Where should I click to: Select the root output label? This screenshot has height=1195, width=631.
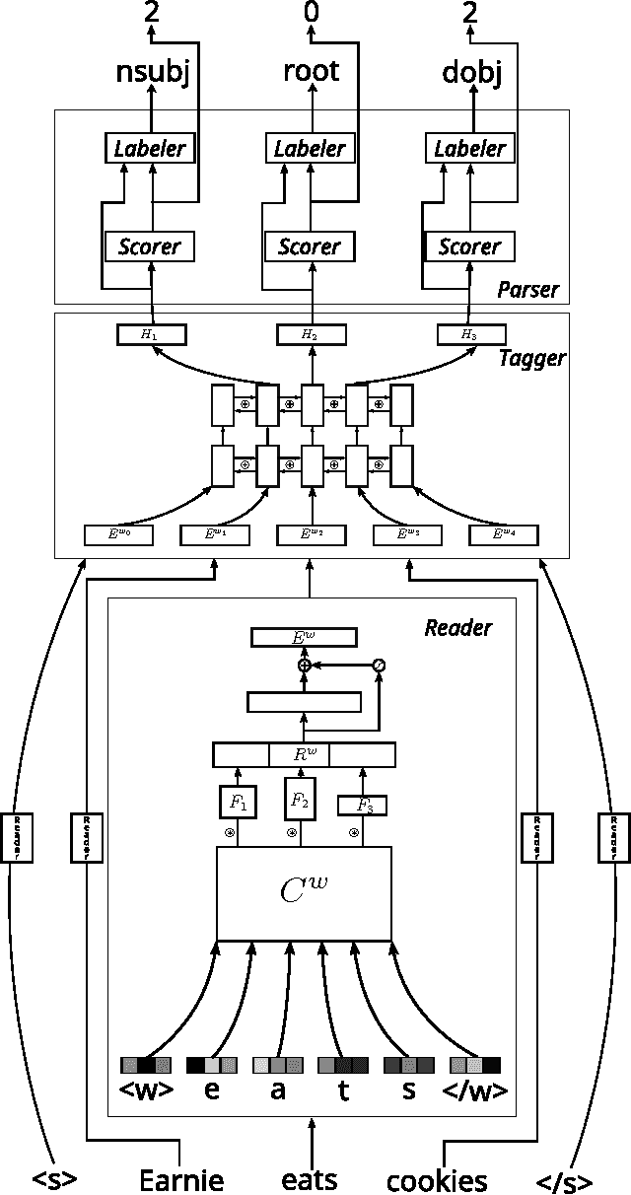pos(311,70)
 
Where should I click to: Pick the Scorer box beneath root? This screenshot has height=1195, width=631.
pos(311,246)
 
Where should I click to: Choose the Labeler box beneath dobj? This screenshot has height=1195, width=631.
pos(471,149)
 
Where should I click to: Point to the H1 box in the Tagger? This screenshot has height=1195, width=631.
pos(151,334)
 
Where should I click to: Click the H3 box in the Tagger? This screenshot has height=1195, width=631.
pos(469,334)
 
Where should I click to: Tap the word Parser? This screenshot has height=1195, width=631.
pos(527,290)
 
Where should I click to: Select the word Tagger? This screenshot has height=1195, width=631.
pos(532,358)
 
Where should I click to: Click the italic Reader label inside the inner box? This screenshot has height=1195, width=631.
pos(457,627)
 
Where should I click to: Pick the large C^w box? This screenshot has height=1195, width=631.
pos(304,893)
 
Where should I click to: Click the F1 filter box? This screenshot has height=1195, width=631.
pos(237,803)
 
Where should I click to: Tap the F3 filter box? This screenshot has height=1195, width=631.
pos(362,806)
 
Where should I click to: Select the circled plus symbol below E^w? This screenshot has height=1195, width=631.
pos(305,666)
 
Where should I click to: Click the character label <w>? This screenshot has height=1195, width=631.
pos(146,1090)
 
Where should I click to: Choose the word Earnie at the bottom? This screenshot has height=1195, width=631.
pos(181,1179)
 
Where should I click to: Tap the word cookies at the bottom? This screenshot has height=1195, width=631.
pos(437,1180)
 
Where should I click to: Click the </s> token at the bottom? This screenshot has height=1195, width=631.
pos(565,1181)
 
